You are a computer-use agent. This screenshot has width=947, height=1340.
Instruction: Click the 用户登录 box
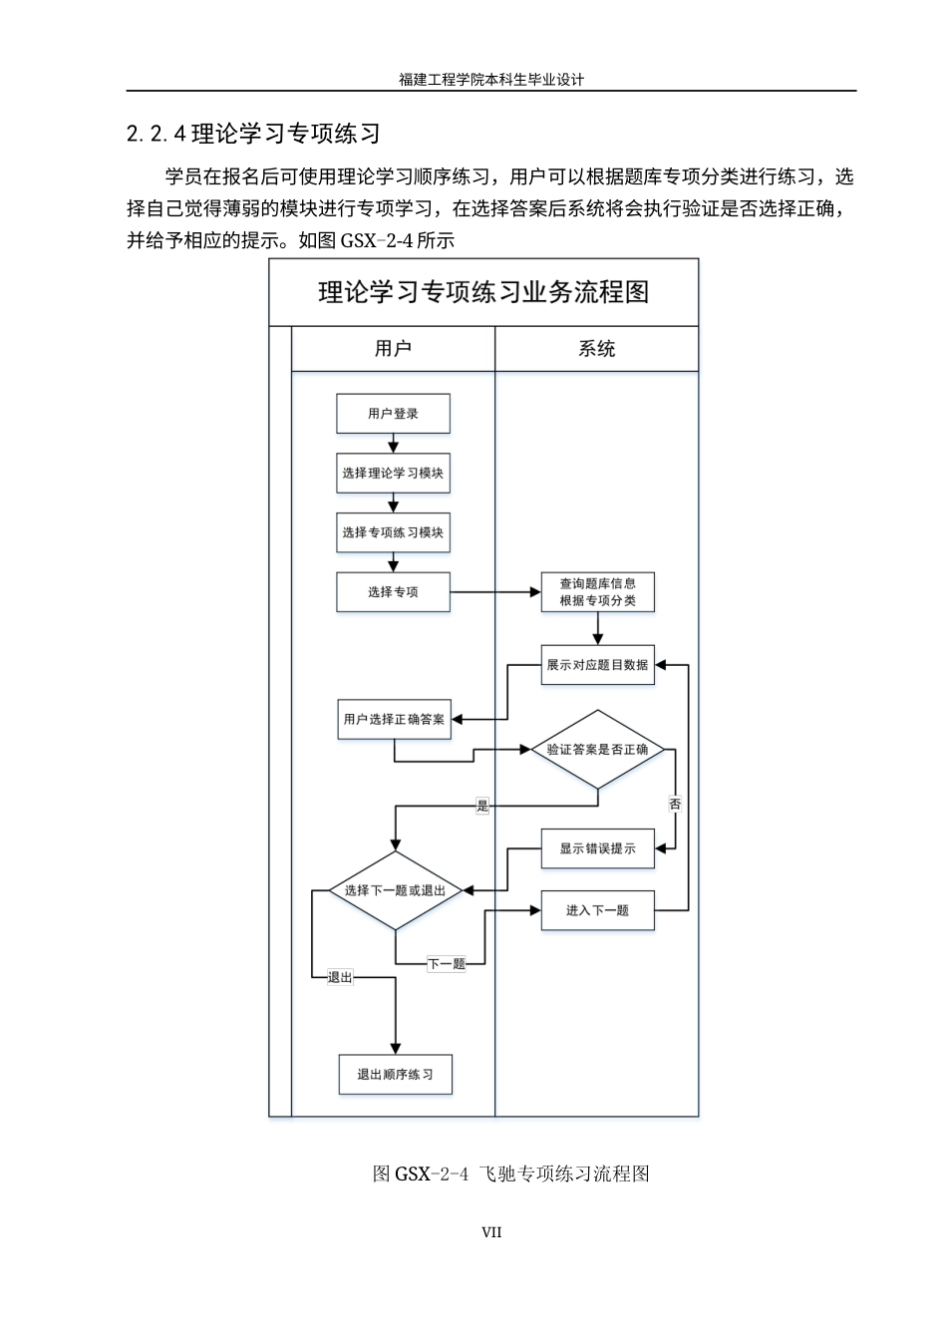(393, 414)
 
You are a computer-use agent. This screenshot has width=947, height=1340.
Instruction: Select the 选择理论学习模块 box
(393, 474)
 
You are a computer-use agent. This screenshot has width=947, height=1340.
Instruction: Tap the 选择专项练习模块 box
(393, 532)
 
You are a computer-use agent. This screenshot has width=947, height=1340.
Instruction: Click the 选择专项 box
(393, 592)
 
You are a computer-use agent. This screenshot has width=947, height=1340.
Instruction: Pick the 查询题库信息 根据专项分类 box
(597, 592)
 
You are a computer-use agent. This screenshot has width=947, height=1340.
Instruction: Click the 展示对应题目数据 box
(597, 665)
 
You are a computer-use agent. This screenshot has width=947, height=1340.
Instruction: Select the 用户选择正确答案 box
(394, 719)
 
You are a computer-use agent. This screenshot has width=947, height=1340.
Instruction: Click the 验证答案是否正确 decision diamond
(597, 750)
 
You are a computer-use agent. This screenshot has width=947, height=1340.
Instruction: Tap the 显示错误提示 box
(597, 848)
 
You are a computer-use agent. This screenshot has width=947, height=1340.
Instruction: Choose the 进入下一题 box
(597, 910)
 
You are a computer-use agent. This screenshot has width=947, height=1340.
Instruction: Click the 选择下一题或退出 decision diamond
(396, 890)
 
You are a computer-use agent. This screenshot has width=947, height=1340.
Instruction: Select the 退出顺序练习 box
(395, 1075)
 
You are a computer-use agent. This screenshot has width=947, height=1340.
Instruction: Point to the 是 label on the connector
(483, 807)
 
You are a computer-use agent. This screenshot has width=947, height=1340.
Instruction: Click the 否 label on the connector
(675, 804)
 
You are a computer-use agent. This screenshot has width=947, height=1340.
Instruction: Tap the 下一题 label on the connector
(447, 964)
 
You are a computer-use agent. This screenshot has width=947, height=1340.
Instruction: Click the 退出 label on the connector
(340, 978)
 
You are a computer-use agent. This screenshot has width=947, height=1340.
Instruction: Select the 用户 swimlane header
(393, 349)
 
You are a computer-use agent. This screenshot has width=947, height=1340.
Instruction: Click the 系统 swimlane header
(597, 349)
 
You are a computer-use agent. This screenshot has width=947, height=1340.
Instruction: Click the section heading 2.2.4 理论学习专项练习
(253, 133)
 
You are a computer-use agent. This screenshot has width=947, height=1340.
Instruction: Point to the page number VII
(491, 1232)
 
